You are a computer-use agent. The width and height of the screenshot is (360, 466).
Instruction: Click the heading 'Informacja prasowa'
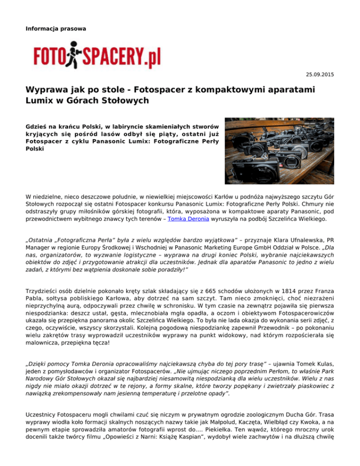click(56, 29)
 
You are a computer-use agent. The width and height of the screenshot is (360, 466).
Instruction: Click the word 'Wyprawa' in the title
click(49, 89)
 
